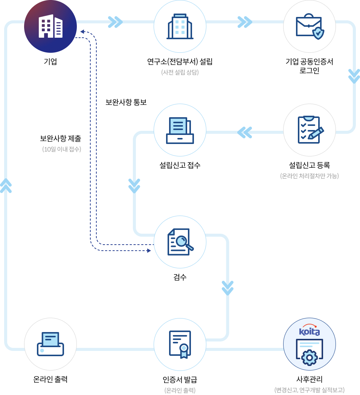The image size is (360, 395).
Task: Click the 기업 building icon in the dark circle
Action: click(x=50, y=26)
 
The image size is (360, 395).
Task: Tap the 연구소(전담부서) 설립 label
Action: click(x=180, y=61)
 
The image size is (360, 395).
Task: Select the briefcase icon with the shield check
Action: click(x=310, y=26)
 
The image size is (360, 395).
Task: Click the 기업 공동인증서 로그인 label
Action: click(x=310, y=66)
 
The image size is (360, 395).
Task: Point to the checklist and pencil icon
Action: click(x=311, y=130)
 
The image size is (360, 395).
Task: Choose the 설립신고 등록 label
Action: click(x=310, y=165)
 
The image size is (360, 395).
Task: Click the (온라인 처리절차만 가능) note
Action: click(x=310, y=176)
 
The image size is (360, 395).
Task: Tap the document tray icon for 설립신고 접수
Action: click(x=180, y=130)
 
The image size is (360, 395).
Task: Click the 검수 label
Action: click(x=180, y=277)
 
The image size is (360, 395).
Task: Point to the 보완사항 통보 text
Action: click(x=126, y=102)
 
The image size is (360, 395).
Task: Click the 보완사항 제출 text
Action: click(x=60, y=138)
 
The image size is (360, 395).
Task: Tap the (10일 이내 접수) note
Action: click(x=62, y=149)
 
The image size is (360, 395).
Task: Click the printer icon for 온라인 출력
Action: click(x=50, y=344)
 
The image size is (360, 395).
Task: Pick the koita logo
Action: click(x=310, y=330)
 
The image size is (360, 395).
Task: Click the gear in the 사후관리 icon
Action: click(x=310, y=358)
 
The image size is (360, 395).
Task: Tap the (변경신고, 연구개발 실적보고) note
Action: click(x=310, y=390)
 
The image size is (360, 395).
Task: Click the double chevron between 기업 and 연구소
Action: click(x=115, y=22)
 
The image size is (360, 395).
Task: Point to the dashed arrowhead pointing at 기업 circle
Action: click(x=82, y=32)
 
